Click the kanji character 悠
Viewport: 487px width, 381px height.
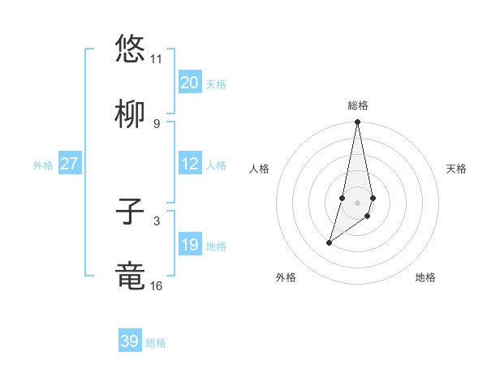pyautogui.click(x=131, y=48)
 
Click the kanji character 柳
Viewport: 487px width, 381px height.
pyautogui.click(x=131, y=113)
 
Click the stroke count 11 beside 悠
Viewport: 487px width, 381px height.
pyautogui.click(x=156, y=59)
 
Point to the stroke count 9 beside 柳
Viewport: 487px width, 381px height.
pyautogui.click(x=156, y=124)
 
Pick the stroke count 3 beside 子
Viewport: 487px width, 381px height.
pyautogui.click(x=156, y=220)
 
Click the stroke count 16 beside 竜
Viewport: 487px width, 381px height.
pyautogui.click(x=156, y=286)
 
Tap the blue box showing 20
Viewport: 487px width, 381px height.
pyautogui.click(x=189, y=83)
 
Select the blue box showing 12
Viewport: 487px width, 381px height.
pyautogui.click(x=189, y=164)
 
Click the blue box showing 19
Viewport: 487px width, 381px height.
pyautogui.click(x=189, y=245)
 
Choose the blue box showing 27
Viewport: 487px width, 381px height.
pyautogui.click(x=69, y=164)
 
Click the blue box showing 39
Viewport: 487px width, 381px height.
pyautogui.click(x=130, y=341)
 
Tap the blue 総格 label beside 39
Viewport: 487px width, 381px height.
pyautogui.click(x=156, y=343)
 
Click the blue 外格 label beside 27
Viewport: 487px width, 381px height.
pyautogui.click(x=43, y=165)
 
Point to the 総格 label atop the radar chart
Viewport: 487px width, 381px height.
pyautogui.click(x=358, y=105)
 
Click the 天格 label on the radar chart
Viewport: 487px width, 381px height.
pyautogui.click(x=457, y=169)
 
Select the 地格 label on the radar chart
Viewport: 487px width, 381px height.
pyautogui.click(x=425, y=277)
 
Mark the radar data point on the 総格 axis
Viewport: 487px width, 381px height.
pyautogui.click(x=357, y=122)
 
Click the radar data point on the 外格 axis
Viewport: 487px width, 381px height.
pyautogui.click(x=329, y=242)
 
